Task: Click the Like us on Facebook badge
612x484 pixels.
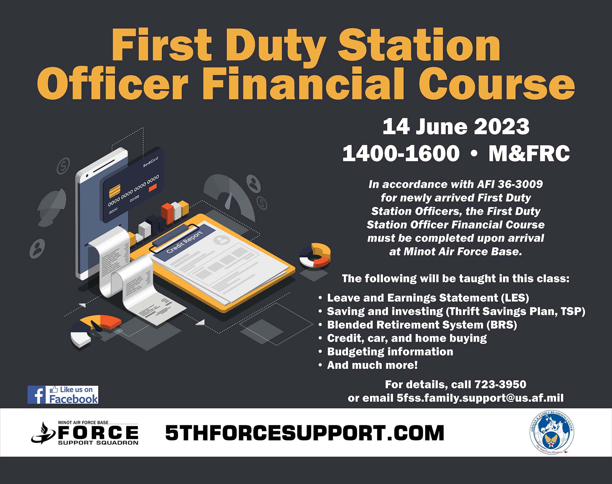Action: (x=63, y=395)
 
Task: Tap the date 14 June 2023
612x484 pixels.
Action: (x=456, y=127)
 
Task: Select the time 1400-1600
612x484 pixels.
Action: (x=401, y=153)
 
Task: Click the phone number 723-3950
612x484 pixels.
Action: (x=500, y=384)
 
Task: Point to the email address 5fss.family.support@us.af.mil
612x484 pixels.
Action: (x=480, y=398)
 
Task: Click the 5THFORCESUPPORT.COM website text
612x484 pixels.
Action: (x=305, y=433)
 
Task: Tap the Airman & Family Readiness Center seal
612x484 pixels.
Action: (x=552, y=433)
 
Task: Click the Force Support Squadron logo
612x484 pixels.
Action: (x=85, y=433)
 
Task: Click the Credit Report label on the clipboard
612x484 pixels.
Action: (x=185, y=242)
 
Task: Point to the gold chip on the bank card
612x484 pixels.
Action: (x=115, y=191)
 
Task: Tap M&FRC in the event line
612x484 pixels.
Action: (x=529, y=153)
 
